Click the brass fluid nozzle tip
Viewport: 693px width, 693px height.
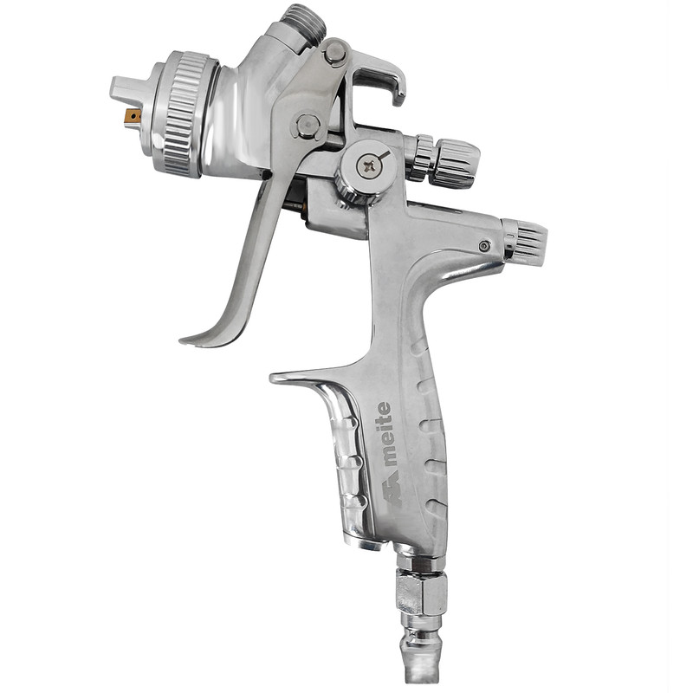point(133,116)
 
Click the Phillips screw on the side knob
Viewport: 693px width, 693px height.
point(369,166)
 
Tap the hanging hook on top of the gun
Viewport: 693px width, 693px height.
point(381,79)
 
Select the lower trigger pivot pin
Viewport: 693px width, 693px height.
point(307,126)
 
